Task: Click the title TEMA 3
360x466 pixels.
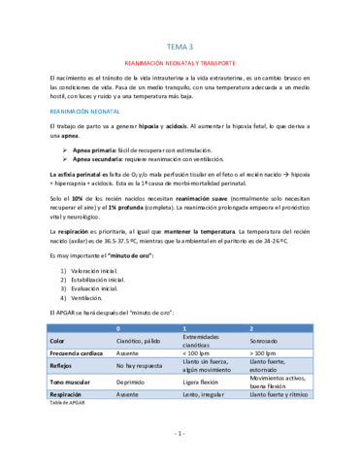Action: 180,46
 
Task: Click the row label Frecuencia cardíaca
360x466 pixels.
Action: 78,354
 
